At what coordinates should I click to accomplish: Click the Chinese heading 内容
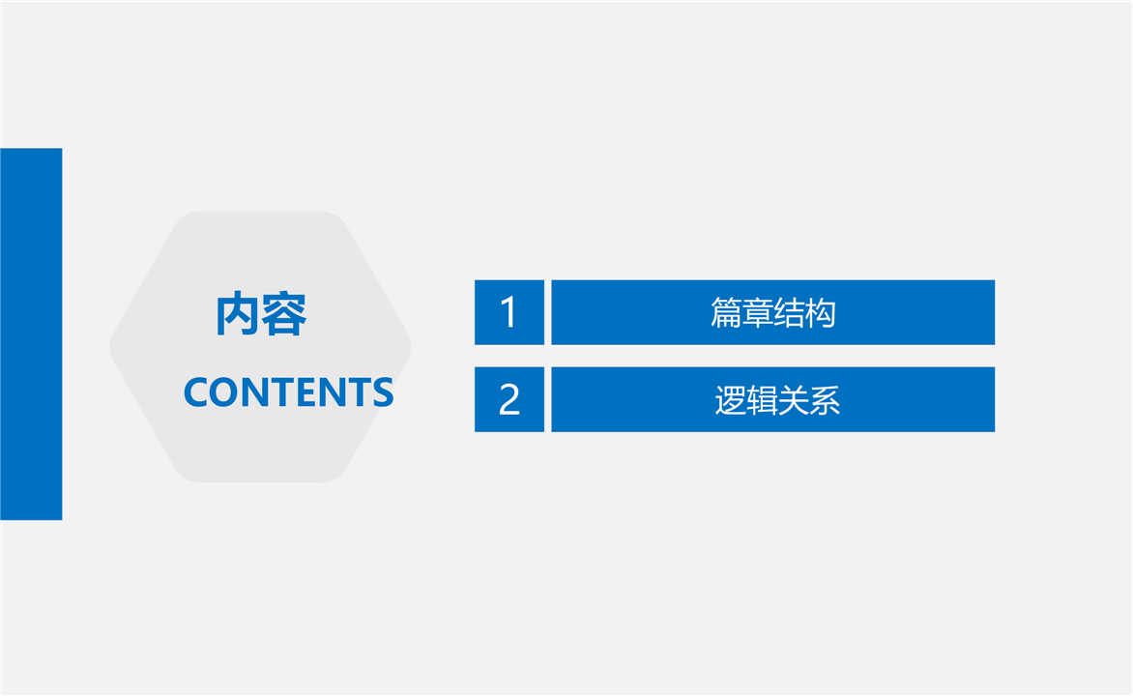click(261, 313)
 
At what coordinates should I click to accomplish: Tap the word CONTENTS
click(288, 392)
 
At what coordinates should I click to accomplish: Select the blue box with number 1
click(509, 312)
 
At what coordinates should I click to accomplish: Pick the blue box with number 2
click(509, 399)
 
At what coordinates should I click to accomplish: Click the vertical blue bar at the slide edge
click(31, 333)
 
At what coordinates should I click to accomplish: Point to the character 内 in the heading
click(238, 313)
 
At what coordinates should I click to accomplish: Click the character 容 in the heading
click(284, 313)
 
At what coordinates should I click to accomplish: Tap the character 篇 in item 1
click(725, 313)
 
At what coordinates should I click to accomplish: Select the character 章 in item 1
click(757, 313)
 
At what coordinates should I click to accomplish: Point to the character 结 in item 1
click(789, 313)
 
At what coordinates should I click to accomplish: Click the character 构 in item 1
click(821, 313)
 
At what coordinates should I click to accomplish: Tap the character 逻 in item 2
click(730, 400)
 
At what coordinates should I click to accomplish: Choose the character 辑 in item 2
click(762, 400)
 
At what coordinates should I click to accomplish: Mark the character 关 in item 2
click(794, 400)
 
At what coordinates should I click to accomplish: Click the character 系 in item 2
click(826, 400)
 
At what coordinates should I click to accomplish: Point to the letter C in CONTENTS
click(196, 392)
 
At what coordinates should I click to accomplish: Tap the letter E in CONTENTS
click(310, 392)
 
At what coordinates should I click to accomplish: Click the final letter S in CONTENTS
click(383, 392)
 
